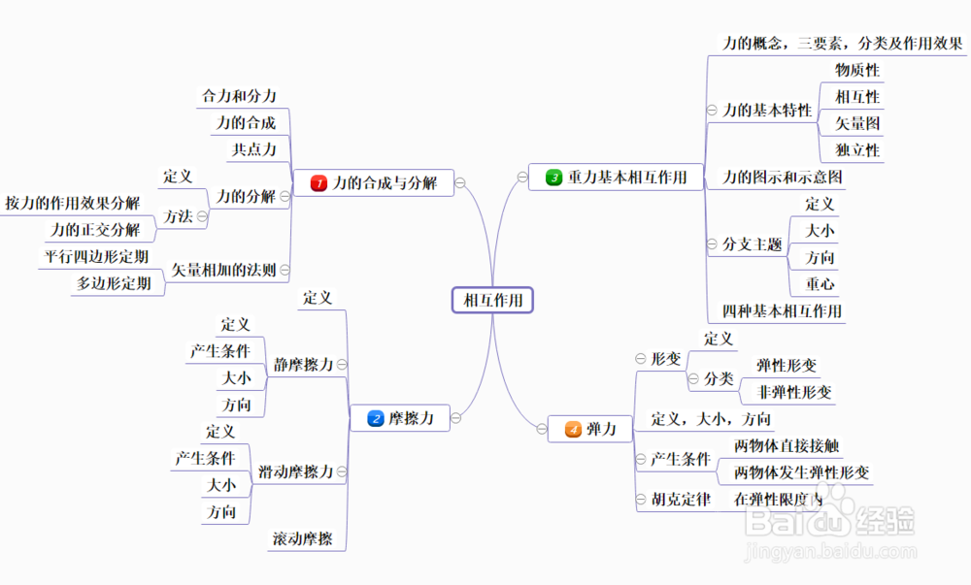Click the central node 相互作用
493,301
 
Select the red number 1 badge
318,182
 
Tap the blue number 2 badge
376,419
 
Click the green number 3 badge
553,178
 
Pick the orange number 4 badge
573,429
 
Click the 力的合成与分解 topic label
385,182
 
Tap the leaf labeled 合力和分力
239,96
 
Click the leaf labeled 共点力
254,149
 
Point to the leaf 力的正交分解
95,230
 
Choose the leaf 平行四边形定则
96,257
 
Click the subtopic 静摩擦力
303,365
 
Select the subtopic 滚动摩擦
303,538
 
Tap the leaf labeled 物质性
856,70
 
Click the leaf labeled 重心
820,284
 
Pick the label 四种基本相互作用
783,311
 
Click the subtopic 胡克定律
681,500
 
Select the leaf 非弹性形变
794,392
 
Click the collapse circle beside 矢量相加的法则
285,269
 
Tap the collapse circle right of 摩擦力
455,419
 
